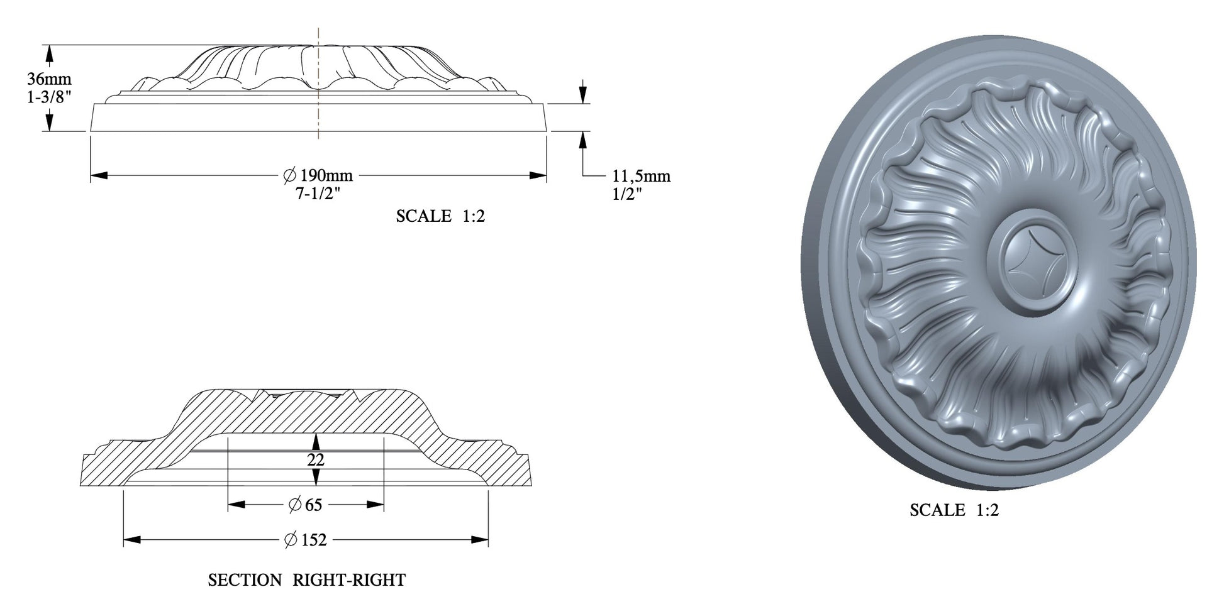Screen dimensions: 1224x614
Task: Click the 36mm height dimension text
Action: [49, 79]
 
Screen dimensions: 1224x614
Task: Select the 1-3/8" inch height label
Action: [49, 96]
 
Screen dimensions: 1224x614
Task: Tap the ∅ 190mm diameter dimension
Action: [318, 175]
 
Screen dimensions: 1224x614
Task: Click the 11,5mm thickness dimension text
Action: [642, 177]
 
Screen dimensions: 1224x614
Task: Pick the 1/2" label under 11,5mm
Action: [627, 194]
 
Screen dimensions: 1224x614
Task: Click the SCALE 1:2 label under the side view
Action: [440, 216]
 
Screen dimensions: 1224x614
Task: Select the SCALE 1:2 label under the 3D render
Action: [954, 510]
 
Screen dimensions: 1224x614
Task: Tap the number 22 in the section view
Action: [316, 460]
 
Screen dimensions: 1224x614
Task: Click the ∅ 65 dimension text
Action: [305, 505]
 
